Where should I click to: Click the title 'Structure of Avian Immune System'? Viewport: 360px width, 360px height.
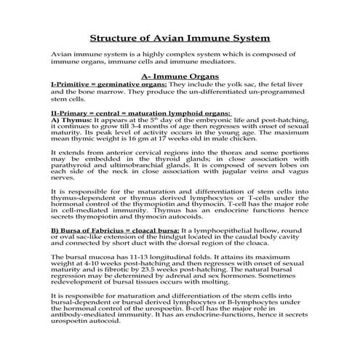pyautogui.click(x=180, y=37)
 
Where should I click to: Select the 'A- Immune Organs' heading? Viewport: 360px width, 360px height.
pyautogui.click(x=180, y=75)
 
